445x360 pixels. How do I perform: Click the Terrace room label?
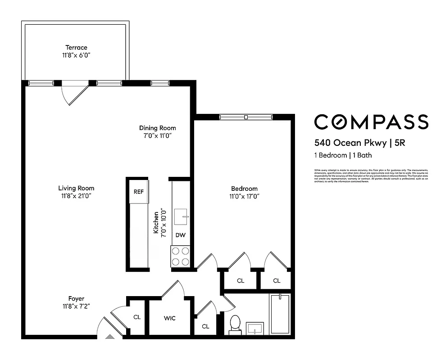(76, 47)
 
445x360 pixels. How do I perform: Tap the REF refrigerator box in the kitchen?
(138, 191)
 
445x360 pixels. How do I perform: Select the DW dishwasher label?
(180, 235)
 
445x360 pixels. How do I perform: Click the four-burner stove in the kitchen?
(180, 256)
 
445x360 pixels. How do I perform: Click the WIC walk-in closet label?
(169, 318)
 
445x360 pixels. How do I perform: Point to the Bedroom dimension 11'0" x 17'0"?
(245, 196)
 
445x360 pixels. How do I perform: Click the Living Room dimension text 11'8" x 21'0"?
(76, 196)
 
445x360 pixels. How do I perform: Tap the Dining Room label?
(157, 128)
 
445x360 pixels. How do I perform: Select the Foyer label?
(76, 298)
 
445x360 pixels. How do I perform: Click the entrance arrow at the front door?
(110, 336)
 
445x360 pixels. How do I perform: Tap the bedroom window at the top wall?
(246, 117)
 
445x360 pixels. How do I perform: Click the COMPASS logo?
(371, 122)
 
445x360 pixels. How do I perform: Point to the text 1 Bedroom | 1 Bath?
(343, 155)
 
